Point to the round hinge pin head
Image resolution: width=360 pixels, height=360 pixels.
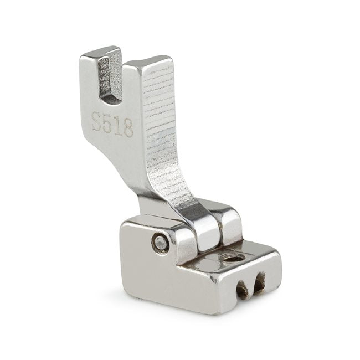[x=161, y=242]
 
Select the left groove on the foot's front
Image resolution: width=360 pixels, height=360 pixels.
[x=241, y=289]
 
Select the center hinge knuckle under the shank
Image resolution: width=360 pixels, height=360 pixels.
[x=208, y=233]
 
